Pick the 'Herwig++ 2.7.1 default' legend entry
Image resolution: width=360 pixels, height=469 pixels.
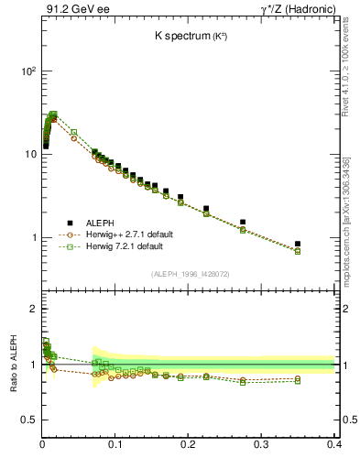click(110, 234)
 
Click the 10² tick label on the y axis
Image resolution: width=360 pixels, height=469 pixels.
click(27, 71)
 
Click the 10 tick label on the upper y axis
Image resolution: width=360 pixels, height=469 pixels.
click(30, 154)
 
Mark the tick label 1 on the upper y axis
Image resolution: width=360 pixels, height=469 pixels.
click(33, 237)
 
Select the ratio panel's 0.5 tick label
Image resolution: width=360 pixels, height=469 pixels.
click(28, 420)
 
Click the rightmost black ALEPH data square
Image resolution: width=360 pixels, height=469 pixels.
click(298, 244)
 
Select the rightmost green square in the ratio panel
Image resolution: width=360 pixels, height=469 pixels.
click(298, 381)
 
